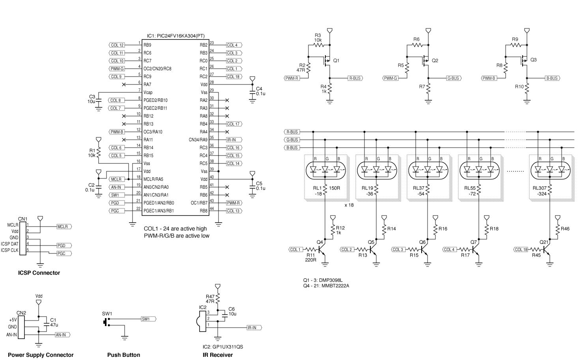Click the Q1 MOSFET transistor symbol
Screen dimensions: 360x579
pyautogui.click(x=327, y=60)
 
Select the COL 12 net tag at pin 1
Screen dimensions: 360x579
pyautogui.click(x=117, y=45)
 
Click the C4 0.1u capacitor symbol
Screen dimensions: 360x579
pyautogui.click(x=252, y=92)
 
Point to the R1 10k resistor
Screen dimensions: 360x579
pyautogui.click(x=99, y=152)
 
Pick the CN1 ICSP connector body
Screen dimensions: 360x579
pyautogui.click(x=23, y=238)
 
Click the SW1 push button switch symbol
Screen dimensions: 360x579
pyautogui.click(x=106, y=322)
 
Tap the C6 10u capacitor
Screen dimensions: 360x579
pyautogui.click(x=225, y=315)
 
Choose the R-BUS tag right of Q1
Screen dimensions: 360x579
pyautogui.click(x=355, y=78)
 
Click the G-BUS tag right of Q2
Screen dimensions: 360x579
pyautogui.click(x=453, y=78)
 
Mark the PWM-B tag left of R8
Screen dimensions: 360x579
pyautogui.click(x=489, y=78)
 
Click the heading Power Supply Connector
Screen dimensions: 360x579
pyautogui.click(x=41, y=355)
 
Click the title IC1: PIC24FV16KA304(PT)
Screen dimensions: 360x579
pyautogui.click(x=176, y=36)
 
